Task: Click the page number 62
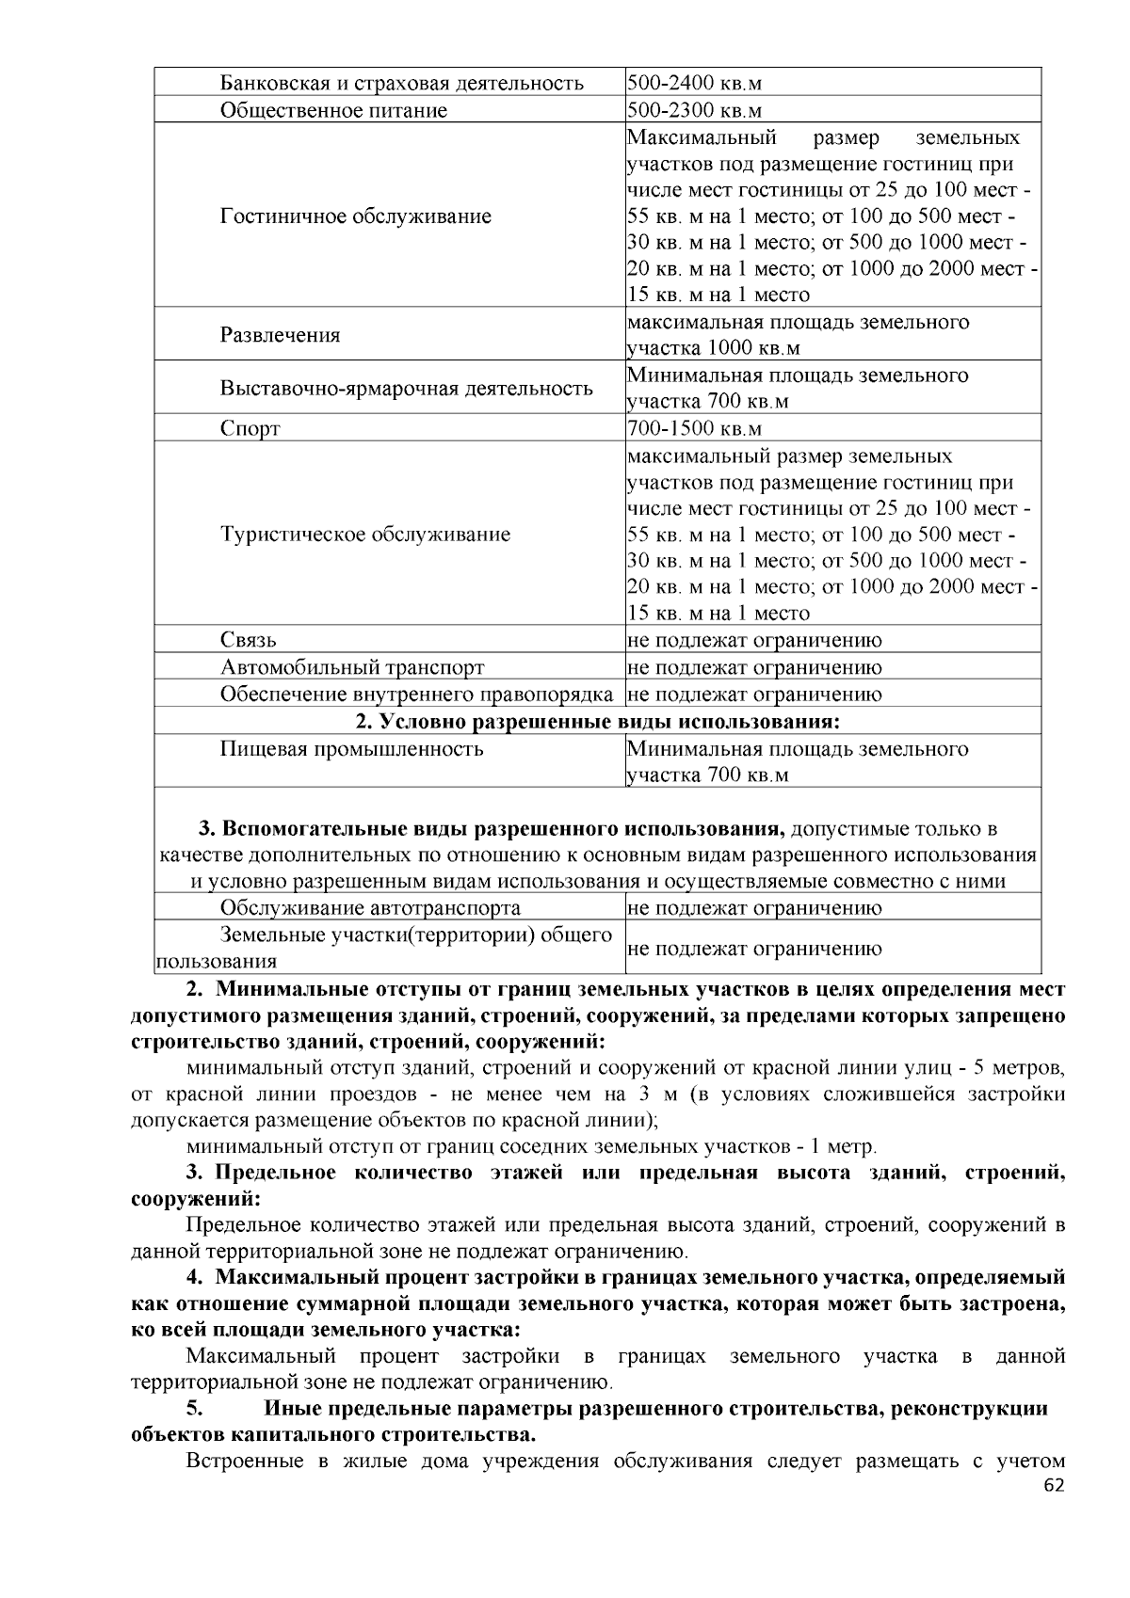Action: [1054, 1487]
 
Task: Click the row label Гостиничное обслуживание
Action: [356, 216]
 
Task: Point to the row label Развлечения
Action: [281, 335]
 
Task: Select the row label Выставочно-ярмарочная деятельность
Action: [407, 388]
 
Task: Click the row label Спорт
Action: [250, 429]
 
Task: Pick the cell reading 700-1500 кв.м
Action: [694, 429]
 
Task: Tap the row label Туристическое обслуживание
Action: [365, 535]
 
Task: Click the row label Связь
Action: [249, 641]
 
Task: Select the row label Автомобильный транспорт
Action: [352, 668]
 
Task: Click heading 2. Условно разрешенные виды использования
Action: [597, 722]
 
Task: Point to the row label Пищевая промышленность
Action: [352, 749]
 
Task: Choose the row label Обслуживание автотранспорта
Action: [370, 908]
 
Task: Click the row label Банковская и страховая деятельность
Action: [402, 84]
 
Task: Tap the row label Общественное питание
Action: [334, 111]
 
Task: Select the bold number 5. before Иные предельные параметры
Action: [194, 1409]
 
